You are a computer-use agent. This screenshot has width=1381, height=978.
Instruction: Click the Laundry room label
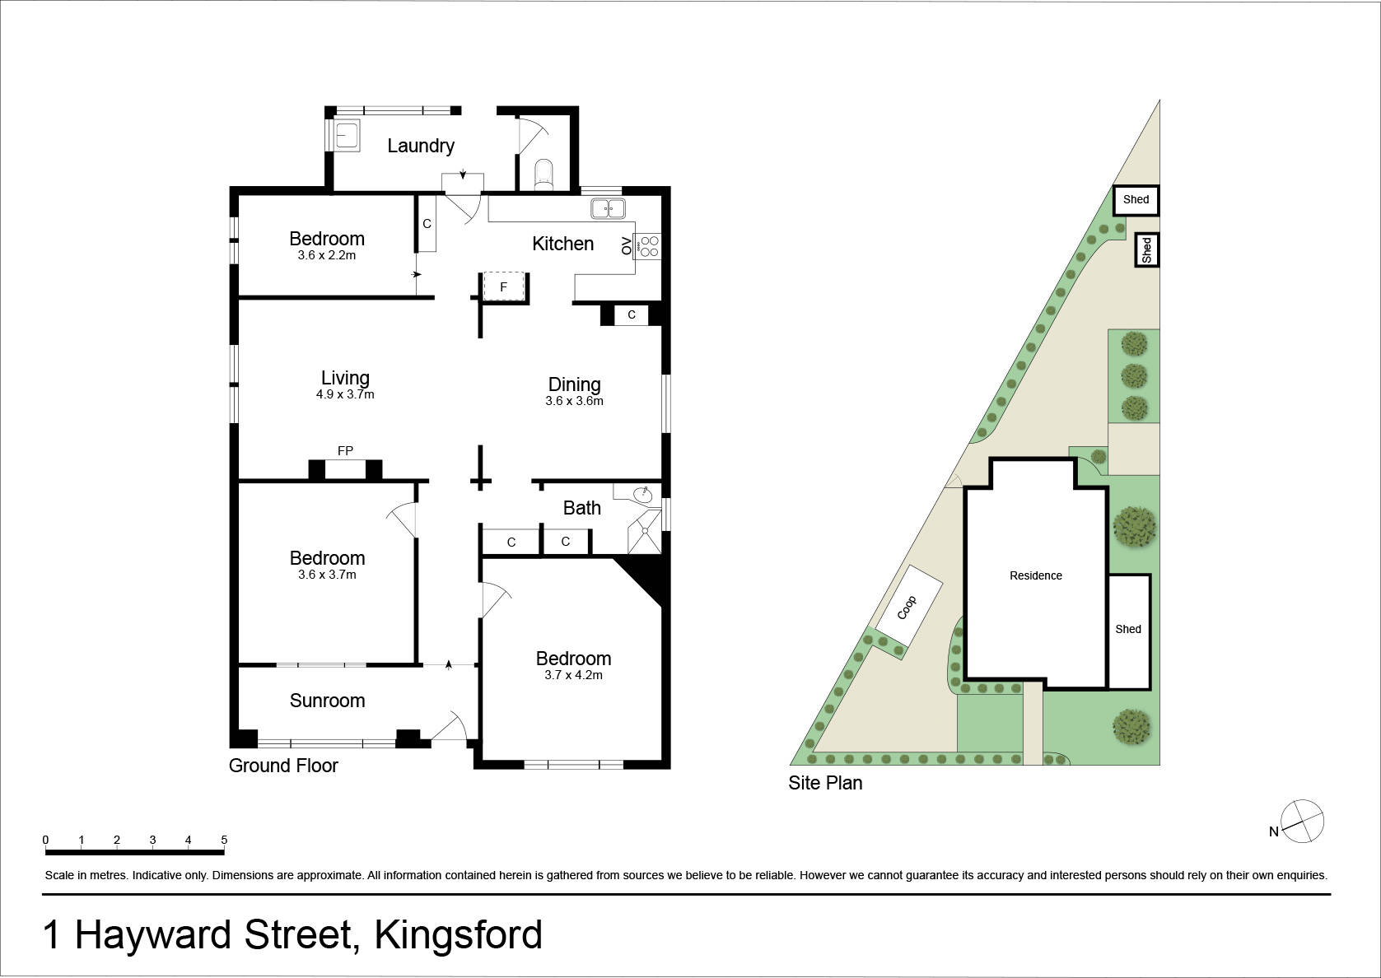pyautogui.click(x=421, y=146)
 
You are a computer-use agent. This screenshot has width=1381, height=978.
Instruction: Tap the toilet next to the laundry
pyautogui.click(x=544, y=175)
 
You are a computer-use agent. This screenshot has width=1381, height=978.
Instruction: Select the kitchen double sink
pyautogui.click(x=608, y=209)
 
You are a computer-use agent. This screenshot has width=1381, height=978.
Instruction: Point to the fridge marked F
pyautogui.click(x=504, y=287)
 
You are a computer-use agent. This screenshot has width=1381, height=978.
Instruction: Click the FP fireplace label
pyautogui.click(x=345, y=451)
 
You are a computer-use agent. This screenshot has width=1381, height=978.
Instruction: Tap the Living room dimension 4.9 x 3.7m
pyautogui.click(x=345, y=394)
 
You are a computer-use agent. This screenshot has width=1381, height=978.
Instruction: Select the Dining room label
pyautogui.click(x=574, y=384)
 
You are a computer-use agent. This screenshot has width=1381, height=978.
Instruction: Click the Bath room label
pyautogui.click(x=581, y=508)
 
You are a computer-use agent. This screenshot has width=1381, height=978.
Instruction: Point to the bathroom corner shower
pyautogui.click(x=644, y=531)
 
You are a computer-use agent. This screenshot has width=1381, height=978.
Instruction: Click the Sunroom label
pyautogui.click(x=328, y=701)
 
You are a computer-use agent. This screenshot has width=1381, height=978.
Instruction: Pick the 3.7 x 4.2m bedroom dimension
pyautogui.click(x=573, y=675)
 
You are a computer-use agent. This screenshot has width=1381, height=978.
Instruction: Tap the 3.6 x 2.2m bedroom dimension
pyautogui.click(x=327, y=255)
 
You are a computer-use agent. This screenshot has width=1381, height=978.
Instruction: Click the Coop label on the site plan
pyautogui.click(x=907, y=608)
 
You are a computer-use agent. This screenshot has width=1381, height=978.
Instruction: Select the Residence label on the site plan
pyautogui.click(x=1036, y=575)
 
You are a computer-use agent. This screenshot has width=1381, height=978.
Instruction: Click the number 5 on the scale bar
pyautogui.click(x=224, y=840)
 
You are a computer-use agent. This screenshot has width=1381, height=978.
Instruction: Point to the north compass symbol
pyautogui.click(x=1302, y=821)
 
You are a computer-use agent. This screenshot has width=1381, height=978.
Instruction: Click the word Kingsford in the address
pyautogui.click(x=458, y=935)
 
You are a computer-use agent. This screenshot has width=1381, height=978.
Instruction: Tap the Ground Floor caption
pyautogui.click(x=283, y=766)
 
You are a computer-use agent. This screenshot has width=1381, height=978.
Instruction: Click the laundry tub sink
pyautogui.click(x=347, y=136)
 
